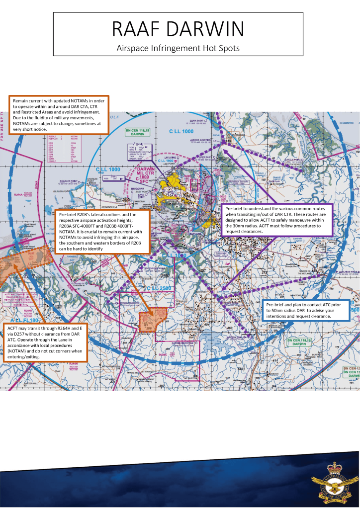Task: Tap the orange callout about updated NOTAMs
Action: click(x=59, y=115)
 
